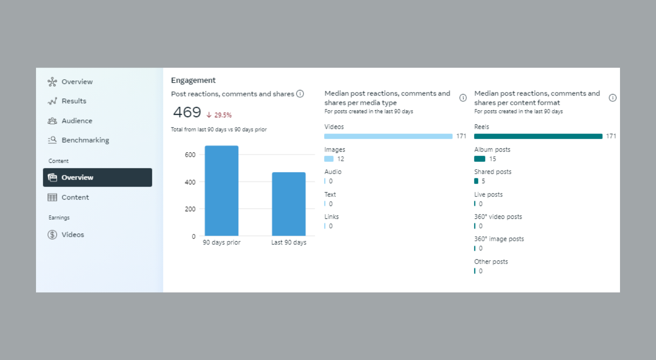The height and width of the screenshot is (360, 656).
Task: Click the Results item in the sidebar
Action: coord(74,101)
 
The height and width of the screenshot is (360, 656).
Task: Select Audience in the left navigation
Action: coord(76,121)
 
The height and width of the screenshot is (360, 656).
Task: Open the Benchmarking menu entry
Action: coord(85,140)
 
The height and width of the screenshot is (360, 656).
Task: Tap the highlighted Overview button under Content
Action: coord(97,178)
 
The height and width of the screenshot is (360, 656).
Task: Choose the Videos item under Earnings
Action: coord(72,235)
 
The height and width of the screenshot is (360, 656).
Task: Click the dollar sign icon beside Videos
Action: coord(52,235)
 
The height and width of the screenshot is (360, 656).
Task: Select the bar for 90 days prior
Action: coord(222,191)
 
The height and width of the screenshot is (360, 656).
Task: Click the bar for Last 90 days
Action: coord(288,204)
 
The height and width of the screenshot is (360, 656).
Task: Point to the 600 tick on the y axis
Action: coord(190,155)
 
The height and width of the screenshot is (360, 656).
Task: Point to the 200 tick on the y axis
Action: coord(190,209)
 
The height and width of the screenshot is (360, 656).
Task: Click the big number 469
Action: coord(187,112)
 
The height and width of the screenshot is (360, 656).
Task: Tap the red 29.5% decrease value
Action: coord(222,115)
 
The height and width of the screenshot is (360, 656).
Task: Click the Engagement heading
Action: coord(193,80)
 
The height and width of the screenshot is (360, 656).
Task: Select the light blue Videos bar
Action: coord(388,136)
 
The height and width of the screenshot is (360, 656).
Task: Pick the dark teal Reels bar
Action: coord(538,136)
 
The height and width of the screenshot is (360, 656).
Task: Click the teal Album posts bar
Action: coord(480,159)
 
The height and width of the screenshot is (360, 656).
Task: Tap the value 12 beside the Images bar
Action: coord(340,159)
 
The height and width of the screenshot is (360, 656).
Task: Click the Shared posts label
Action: coord(493,172)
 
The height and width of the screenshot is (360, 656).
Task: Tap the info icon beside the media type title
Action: coord(463,98)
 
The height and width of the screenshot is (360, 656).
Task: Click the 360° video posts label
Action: coord(498,217)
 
